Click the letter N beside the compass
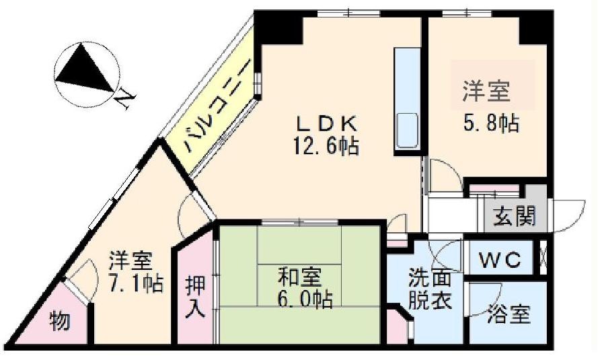click(124, 100)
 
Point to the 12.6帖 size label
click(326, 145)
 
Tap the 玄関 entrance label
click(514, 216)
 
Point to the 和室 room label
click(300, 277)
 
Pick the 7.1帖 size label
click(135, 283)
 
